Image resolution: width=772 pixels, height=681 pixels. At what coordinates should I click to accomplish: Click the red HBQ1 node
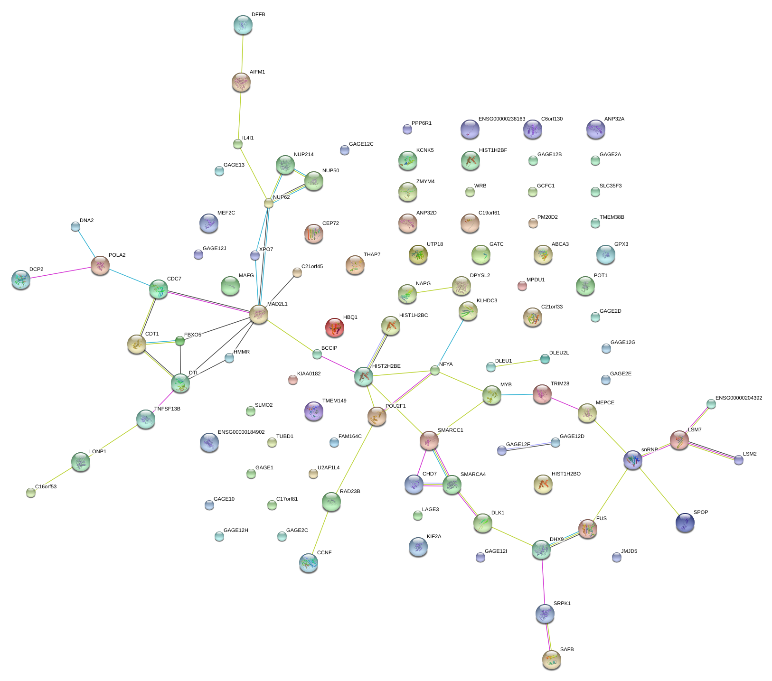(334, 327)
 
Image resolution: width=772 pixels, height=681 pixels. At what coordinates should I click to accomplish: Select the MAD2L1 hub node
(259, 314)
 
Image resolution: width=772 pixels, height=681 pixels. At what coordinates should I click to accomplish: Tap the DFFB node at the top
(243, 25)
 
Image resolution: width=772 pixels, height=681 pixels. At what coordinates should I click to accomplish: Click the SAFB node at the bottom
(551, 659)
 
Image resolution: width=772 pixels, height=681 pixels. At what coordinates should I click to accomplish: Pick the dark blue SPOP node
(685, 522)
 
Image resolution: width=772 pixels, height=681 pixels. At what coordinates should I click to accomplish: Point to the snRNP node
(632, 459)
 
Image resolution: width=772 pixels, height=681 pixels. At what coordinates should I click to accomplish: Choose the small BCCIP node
(317, 354)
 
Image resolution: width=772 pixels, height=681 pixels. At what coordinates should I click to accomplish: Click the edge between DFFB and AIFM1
(242, 54)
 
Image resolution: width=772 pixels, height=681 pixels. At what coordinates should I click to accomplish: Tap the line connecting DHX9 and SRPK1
(543, 581)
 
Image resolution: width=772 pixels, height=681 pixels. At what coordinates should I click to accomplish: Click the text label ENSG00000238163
(501, 119)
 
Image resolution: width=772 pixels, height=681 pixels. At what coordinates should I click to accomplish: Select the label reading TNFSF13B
(167, 409)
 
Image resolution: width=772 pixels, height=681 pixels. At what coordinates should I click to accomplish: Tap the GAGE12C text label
(361, 144)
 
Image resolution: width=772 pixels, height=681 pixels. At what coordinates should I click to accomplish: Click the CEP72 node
(313, 233)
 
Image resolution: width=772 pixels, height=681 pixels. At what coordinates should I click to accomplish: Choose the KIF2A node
(418, 546)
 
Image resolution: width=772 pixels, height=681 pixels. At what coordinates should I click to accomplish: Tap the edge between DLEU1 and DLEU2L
(518, 363)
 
